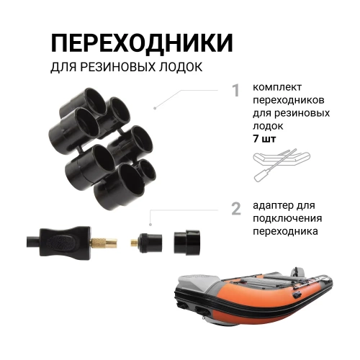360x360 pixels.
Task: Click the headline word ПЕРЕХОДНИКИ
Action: (x=142, y=42)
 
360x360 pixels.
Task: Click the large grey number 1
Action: (x=235, y=91)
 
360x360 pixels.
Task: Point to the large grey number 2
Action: (x=235, y=209)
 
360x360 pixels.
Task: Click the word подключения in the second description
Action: (x=287, y=219)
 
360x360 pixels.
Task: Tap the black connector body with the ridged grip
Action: (x=66, y=240)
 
